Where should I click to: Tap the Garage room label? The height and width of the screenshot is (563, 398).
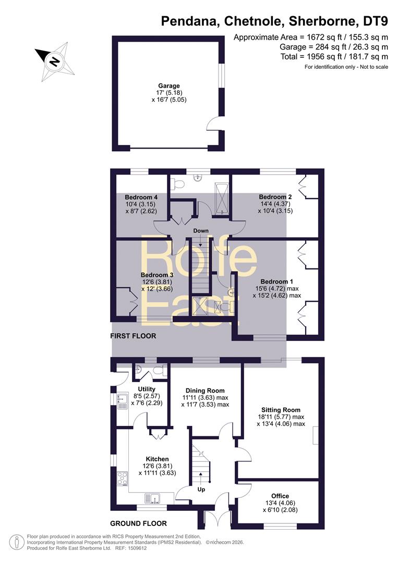[x=169, y=86]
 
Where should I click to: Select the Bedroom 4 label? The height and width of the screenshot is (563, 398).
[x=141, y=197]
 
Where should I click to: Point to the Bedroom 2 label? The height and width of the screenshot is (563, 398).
[x=275, y=197]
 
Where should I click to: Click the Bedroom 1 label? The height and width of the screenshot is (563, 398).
[x=277, y=281]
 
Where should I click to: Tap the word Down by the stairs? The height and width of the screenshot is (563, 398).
[x=201, y=231]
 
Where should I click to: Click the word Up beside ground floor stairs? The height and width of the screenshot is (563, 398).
[x=201, y=489]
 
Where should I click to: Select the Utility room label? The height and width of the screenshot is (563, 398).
[x=147, y=389]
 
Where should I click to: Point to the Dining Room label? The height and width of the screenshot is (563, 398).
[x=205, y=390]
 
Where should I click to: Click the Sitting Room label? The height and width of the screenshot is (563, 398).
[x=281, y=410]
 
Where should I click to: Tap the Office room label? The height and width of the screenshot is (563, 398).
[x=280, y=496]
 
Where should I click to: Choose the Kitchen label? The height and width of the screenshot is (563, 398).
[x=158, y=459]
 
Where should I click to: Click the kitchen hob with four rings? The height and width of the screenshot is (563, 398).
[x=123, y=479]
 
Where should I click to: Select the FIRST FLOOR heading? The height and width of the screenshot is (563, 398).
[x=133, y=336]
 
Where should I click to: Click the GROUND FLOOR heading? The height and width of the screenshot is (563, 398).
[x=139, y=523]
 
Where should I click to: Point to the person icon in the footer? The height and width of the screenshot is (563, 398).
[x=15, y=542]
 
